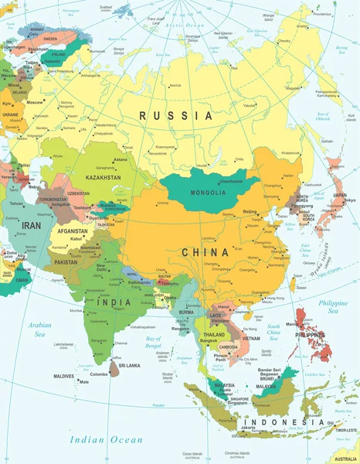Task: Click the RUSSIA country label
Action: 176,115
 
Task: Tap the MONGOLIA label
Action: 209,193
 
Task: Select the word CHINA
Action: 205,252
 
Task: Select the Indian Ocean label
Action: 106,439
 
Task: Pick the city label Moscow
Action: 34,102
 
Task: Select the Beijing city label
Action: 250,211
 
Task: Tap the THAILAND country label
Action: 214,334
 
